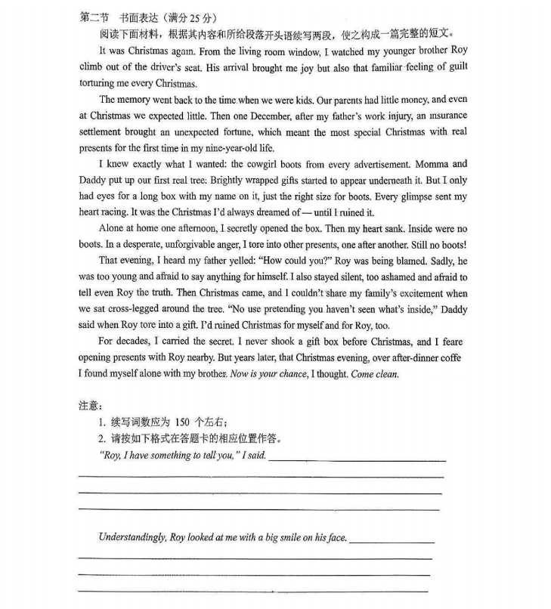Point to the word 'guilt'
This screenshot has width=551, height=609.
point(453,67)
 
